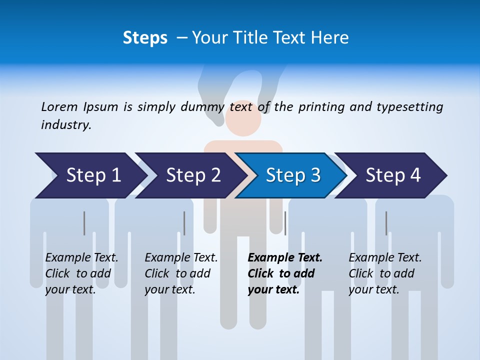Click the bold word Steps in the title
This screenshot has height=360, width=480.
click(x=145, y=38)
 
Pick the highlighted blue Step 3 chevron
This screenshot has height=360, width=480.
click(x=292, y=175)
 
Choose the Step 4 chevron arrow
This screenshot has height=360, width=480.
click(x=393, y=175)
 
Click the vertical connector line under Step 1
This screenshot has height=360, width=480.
click(x=84, y=223)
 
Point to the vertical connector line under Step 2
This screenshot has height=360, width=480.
click(x=184, y=223)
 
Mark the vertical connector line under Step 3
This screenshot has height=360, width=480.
click(x=285, y=223)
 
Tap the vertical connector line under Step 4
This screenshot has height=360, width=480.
click(x=386, y=223)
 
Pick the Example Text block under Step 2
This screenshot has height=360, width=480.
click(x=180, y=273)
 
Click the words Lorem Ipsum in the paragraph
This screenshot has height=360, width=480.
click(x=79, y=107)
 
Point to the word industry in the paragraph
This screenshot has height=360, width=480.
click(x=65, y=125)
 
